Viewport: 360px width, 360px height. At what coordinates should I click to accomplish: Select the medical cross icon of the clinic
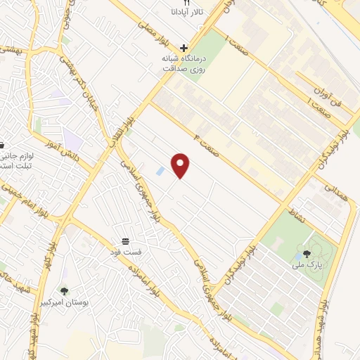pos(184,48)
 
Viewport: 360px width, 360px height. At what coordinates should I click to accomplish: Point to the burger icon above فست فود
pos(125,241)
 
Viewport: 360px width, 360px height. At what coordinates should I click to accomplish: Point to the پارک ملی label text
pos(309,266)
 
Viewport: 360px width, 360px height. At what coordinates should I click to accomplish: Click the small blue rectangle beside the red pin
pos(161,171)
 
